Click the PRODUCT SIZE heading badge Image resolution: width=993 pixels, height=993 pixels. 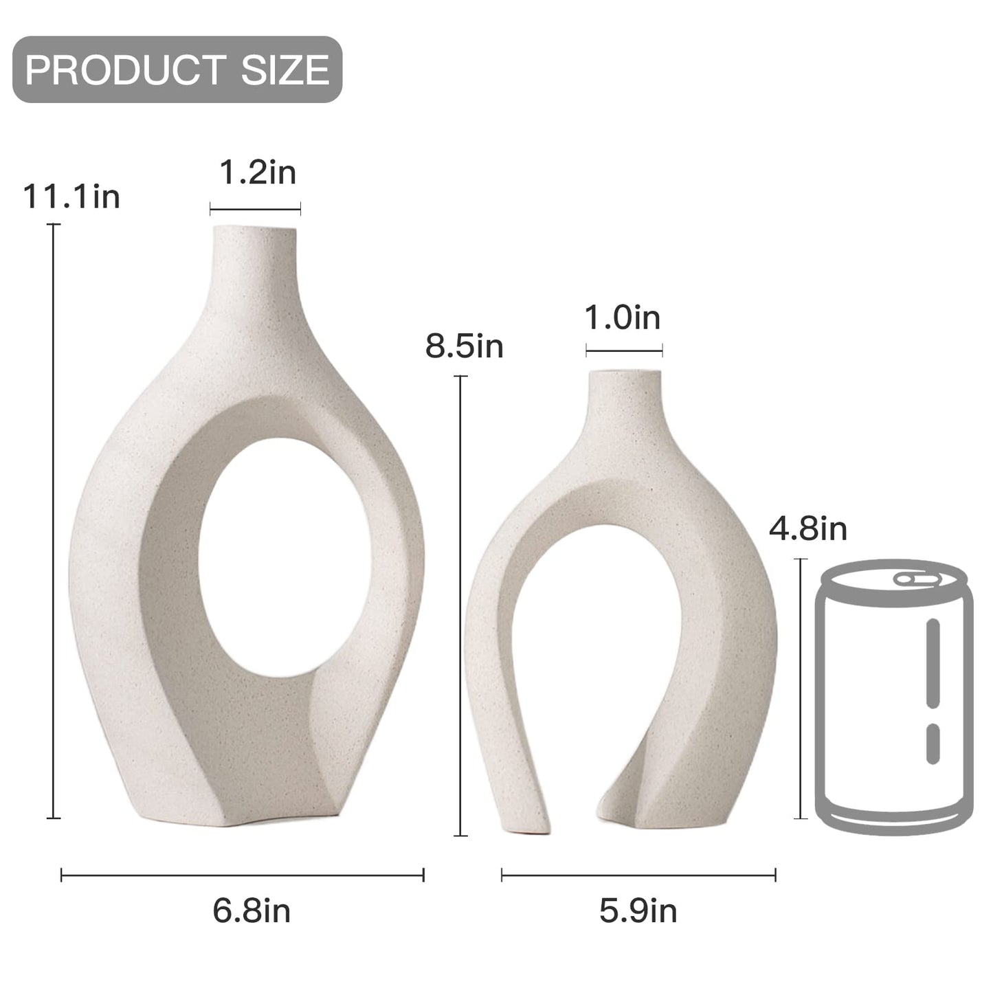(x=177, y=69)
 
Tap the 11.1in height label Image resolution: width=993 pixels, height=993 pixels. (x=71, y=197)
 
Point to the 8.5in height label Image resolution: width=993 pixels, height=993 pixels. (x=465, y=346)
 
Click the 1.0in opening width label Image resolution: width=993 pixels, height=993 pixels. (x=623, y=318)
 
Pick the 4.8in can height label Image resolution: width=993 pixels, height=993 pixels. (x=808, y=528)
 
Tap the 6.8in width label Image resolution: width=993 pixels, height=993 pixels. (x=252, y=911)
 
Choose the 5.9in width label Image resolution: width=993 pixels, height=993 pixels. (x=638, y=911)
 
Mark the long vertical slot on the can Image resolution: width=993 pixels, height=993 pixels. (x=933, y=653)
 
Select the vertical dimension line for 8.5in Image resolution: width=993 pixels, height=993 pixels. (x=460, y=605)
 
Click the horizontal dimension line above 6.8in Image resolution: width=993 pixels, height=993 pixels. (x=243, y=875)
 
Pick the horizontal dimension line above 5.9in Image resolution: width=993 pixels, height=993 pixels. (x=638, y=875)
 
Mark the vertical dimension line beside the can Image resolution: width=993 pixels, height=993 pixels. (x=801, y=689)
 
